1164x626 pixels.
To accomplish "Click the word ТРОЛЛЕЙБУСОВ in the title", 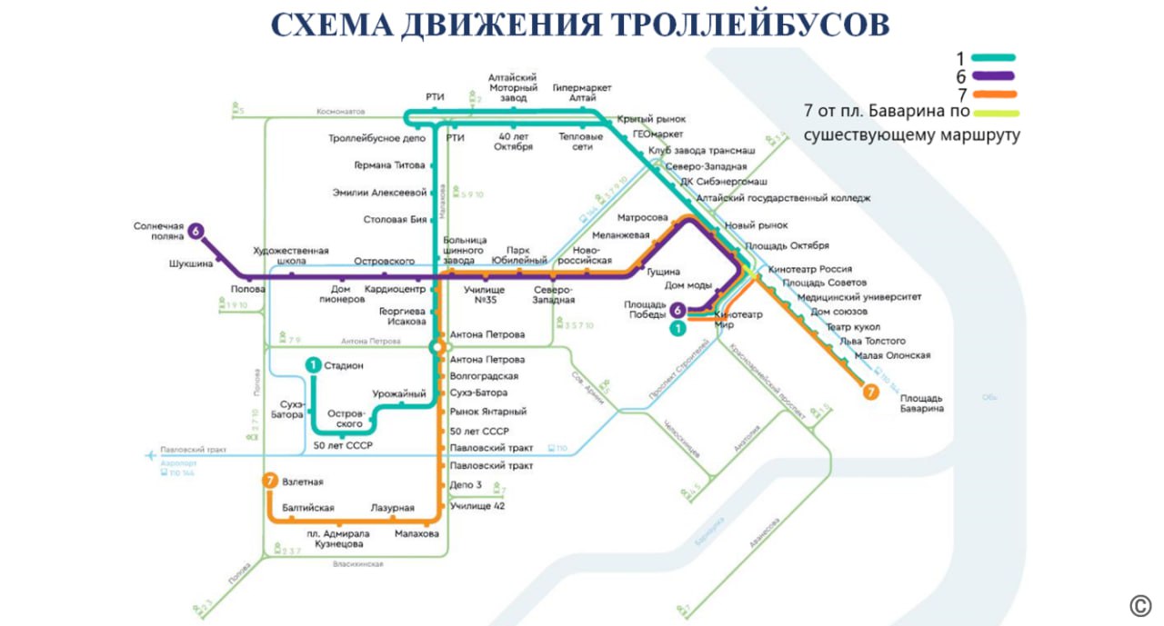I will pyautogui.click(x=738, y=25).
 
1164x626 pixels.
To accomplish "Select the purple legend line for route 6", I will pyautogui.click(x=993, y=76).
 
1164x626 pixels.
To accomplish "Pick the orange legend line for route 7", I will pyautogui.click(x=993, y=94).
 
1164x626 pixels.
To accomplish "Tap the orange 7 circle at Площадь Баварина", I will pyautogui.click(x=871, y=392).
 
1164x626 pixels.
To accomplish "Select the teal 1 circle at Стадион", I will pyautogui.click(x=313, y=365).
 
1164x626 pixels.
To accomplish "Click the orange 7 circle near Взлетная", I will pyautogui.click(x=269, y=482).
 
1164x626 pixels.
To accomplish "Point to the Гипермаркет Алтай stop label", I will pyautogui.click(x=582, y=93).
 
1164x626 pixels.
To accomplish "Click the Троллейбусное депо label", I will pyautogui.click(x=377, y=139).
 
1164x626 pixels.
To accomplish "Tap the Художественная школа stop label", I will pyautogui.click(x=291, y=256).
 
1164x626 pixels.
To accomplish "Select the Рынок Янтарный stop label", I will pyautogui.click(x=488, y=412).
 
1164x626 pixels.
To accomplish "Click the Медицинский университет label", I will pyautogui.click(x=859, y=297).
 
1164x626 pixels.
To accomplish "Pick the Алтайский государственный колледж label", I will pyautogui.click(x=783, y=197).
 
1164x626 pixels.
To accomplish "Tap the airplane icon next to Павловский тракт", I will pyautogui.click(x=150, y=455).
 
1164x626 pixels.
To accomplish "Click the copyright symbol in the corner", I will pyautogui.click(x=1140, y=606).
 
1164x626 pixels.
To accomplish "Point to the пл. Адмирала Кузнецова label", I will pyautogui.click(x=339, y=539).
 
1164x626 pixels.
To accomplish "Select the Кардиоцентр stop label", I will pyautogui.click(x=395, y=290).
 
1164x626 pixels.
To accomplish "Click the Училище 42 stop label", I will pyautogui.click(x=477, y=505).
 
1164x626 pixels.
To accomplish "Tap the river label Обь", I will pyautogui.click(x=989, y=397).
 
